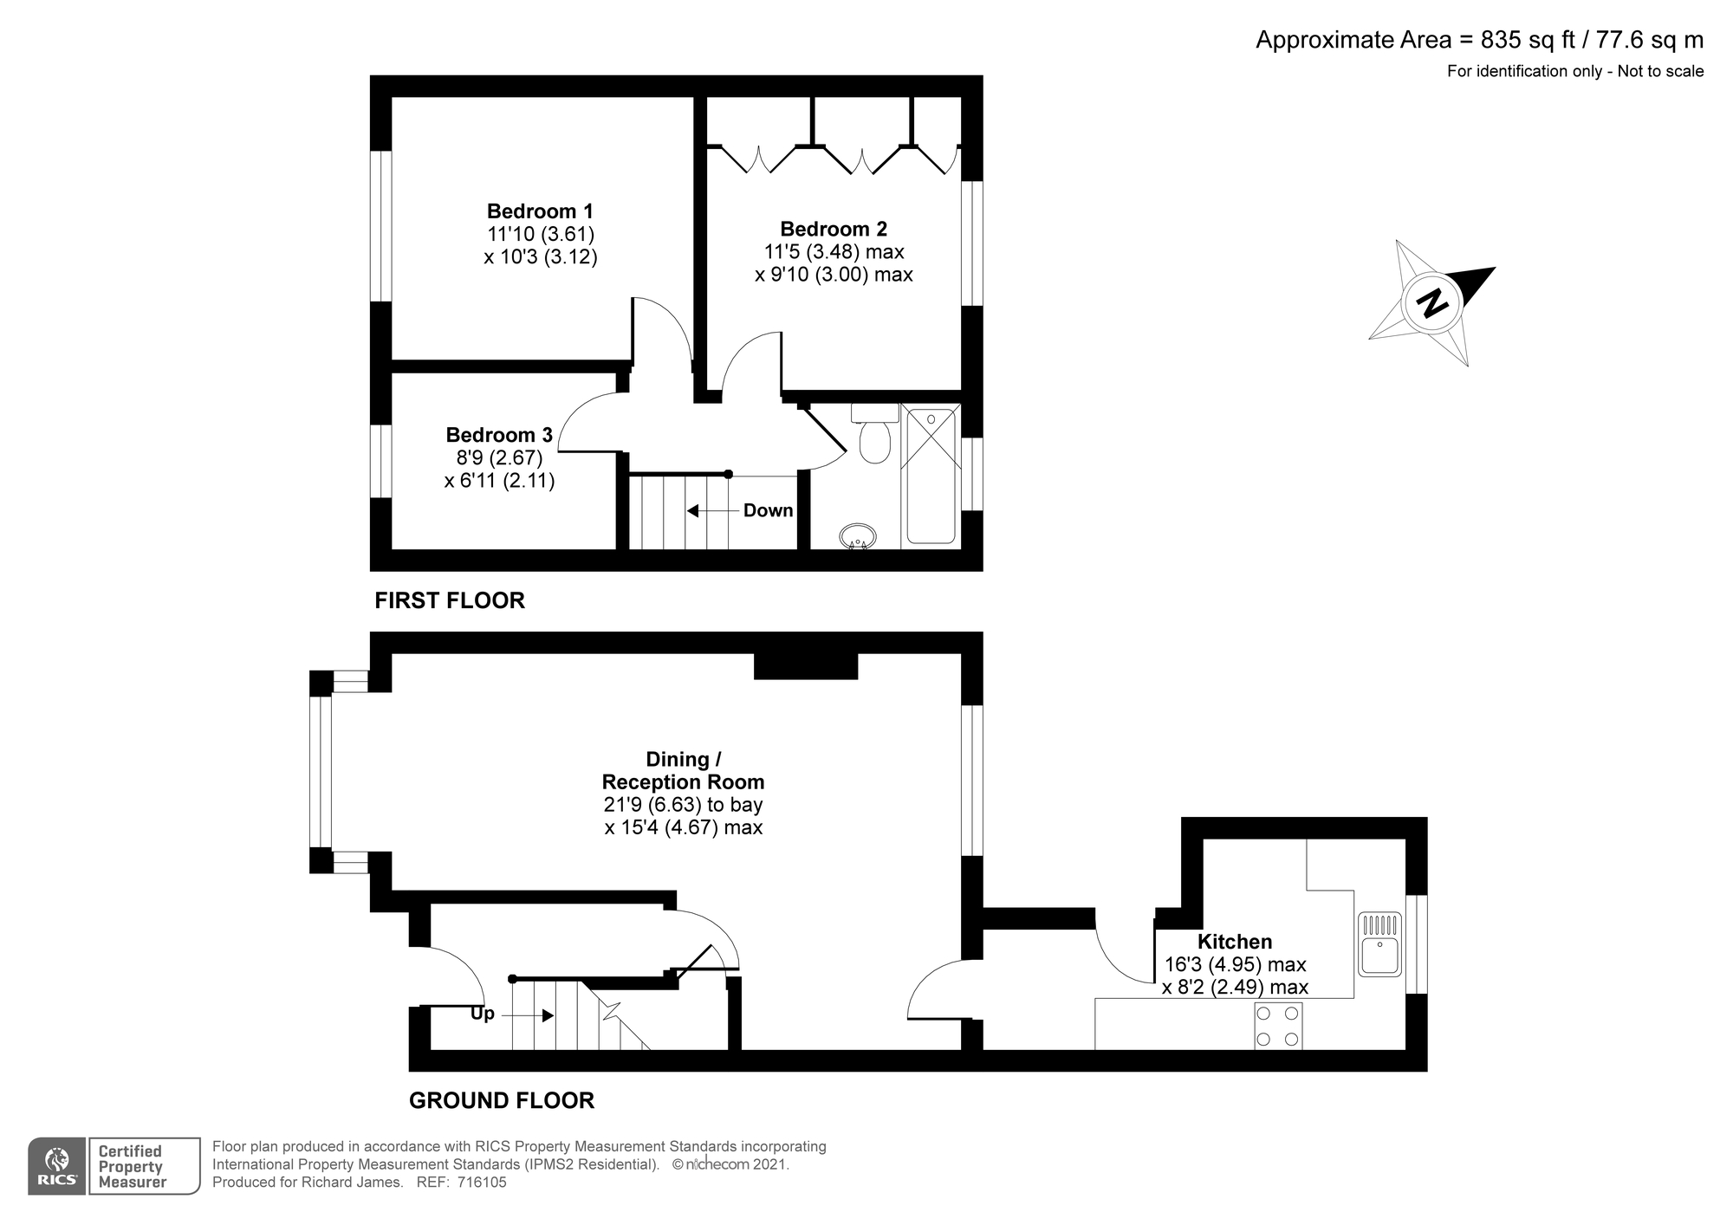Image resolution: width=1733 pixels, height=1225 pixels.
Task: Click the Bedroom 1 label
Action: (x=540, y=211)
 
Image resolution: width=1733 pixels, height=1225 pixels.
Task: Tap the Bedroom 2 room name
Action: (x=834, y=230)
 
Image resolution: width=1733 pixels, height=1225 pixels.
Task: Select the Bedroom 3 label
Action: (x=499, y=435)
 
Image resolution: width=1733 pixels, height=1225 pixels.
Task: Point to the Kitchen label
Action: (x=1235, y=942)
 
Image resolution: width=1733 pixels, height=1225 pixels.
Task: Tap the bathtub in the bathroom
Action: (x=931, y=476)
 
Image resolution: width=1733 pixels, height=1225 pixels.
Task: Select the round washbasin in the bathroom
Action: (x=858, y=536)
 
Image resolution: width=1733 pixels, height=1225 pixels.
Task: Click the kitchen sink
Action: (x=1379, y=944)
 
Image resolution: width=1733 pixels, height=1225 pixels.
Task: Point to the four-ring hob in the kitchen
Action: (x=1278, y=1026)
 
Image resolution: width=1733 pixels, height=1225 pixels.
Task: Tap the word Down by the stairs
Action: (x=768, y=510)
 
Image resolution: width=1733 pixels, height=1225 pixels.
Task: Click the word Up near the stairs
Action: (x=483, y=1014)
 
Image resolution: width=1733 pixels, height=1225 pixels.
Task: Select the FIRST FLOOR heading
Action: (x=450, y=600)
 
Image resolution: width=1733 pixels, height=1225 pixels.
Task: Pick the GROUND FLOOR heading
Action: (x=502, y=1100)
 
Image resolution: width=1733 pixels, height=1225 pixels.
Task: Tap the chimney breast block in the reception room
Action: (x=806, y=666)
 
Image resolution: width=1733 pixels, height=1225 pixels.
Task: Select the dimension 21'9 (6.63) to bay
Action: (x=684, y=805)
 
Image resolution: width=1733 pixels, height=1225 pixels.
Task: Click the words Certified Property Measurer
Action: (x=132, y=1166)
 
